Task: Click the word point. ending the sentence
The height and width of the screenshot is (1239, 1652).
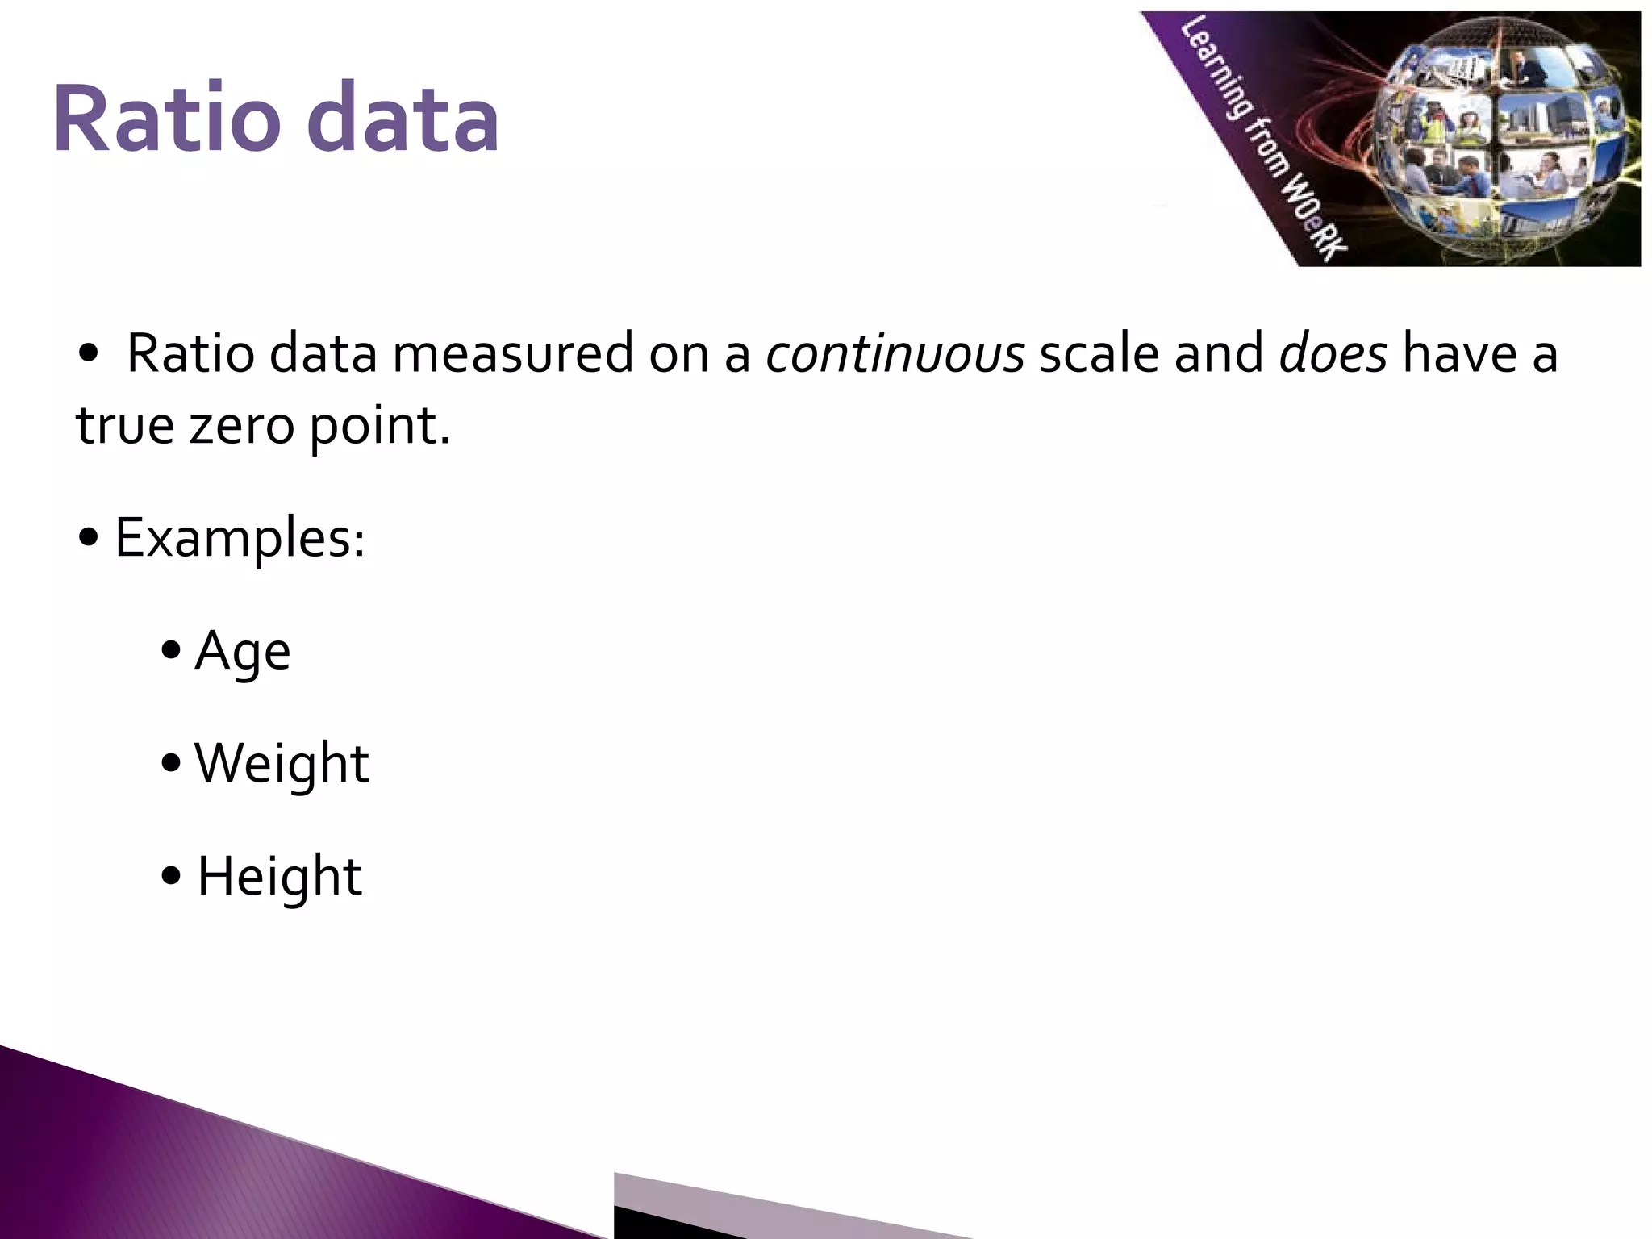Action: tap(380, 427)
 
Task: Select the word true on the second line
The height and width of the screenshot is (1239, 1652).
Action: tap(125, 425)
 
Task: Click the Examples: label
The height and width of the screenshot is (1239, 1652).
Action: tap(240, 539)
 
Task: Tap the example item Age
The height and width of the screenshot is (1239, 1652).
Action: tap(242, 652)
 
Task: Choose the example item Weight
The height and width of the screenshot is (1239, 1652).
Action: tap(282, 763)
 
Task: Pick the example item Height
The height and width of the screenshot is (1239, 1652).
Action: tap(279, 878)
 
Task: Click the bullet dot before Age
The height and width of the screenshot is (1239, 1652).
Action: tap(170, 651)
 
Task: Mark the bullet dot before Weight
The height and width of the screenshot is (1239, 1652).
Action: tap(170, 763)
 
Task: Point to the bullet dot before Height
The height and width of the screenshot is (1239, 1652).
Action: tap(170, 876)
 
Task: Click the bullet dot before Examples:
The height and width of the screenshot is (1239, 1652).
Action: tap(90, 537)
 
